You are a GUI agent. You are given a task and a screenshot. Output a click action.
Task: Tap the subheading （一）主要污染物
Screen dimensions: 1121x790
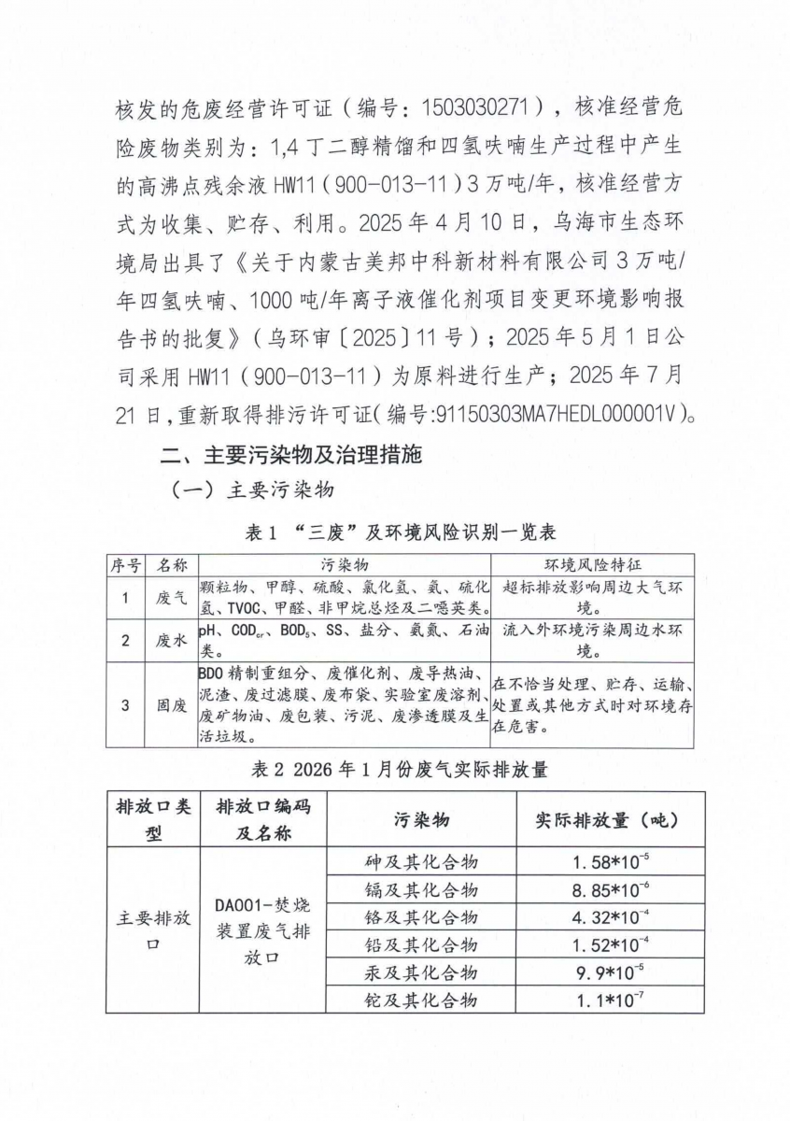tap(251, 491)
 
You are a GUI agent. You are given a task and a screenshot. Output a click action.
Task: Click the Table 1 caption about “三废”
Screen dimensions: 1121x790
tap(400, 532)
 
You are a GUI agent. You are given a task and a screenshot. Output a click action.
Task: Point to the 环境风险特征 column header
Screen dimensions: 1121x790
tap(592, 565)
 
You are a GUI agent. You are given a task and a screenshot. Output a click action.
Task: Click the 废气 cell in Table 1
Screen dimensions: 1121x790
tap(171, 599)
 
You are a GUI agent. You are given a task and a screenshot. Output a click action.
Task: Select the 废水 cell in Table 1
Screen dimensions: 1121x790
tap(171, 640)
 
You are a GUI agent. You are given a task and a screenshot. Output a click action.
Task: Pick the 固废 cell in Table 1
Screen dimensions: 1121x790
tap(171, 705)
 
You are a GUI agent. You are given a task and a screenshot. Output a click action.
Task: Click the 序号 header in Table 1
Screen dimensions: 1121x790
tap(126, 565)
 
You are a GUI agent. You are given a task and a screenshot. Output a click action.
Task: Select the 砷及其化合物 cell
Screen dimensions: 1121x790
tap(420, 862)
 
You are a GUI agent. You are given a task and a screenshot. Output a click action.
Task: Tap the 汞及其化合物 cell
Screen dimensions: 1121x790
tap(420, 972)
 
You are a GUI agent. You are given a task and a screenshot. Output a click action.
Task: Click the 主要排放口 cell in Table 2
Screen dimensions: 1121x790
tap(154, 930)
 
